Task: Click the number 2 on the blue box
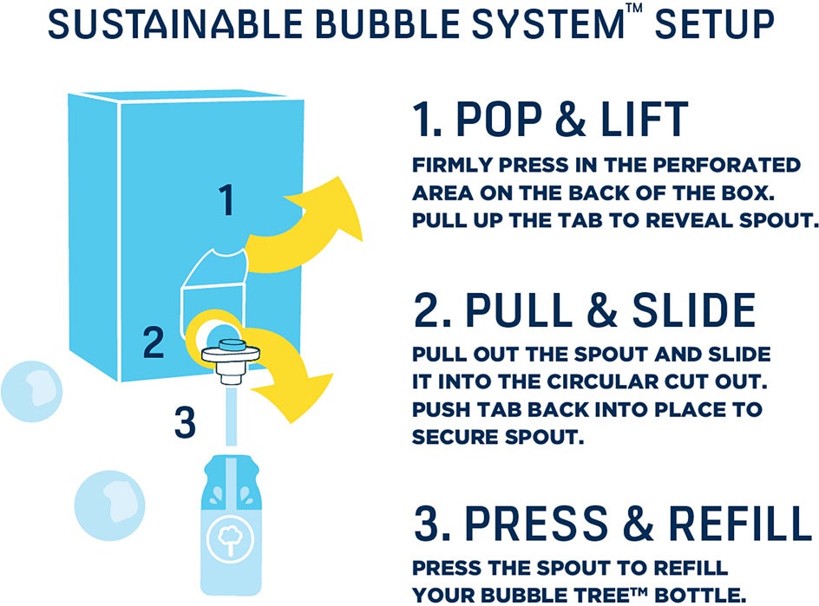[x=154, y=343]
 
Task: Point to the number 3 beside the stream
[x=185, y=424]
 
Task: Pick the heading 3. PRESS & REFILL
[x=612, y=523]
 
